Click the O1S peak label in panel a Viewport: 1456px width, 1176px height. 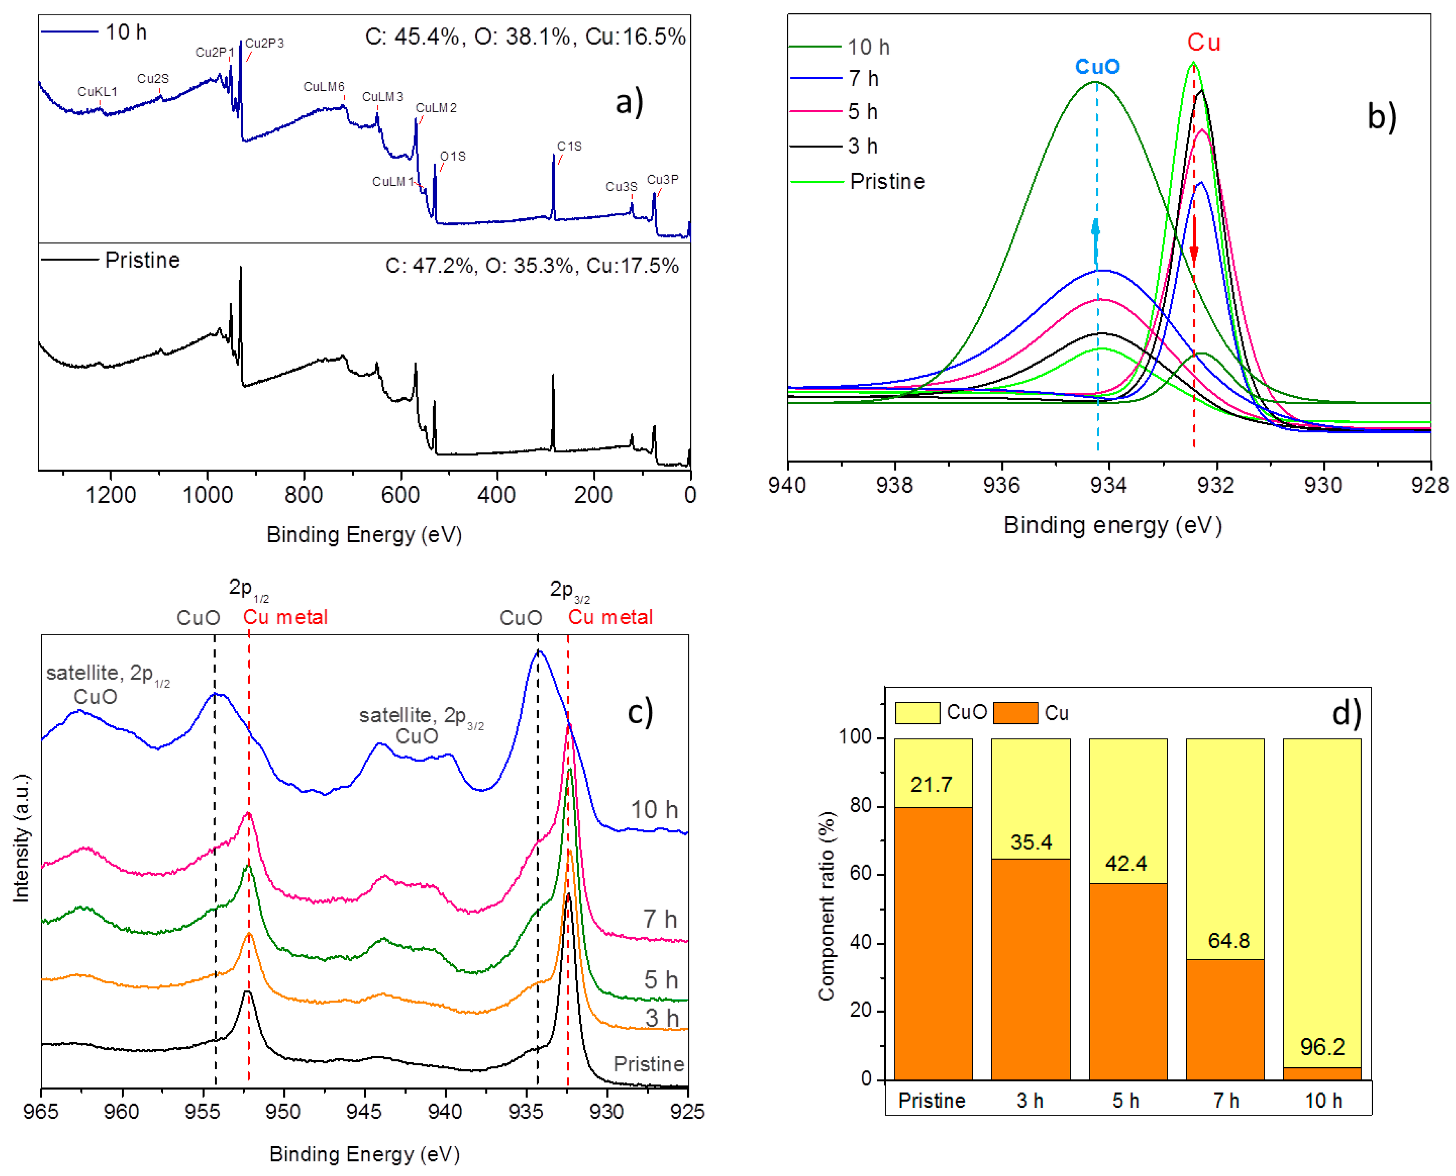[x=452, y=157]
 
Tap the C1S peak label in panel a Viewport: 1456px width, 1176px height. [x=569, y=146]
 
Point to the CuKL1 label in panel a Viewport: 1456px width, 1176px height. [x=97, y=91]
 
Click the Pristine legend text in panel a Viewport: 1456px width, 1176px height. [x=142, y=260]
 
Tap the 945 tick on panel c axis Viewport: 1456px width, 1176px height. [x=365, y=1112]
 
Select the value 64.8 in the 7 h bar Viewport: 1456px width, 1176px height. [x=1228, y=940]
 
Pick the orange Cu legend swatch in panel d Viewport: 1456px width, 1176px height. [x=1015, y=713]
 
